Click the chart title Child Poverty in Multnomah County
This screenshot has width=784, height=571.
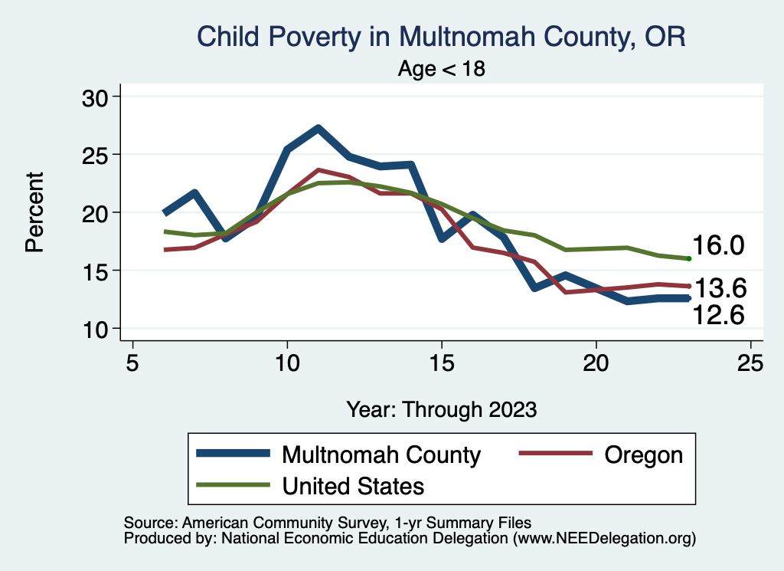click(x=441, y=36)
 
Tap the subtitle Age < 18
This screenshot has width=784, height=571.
click(x=442, y=69)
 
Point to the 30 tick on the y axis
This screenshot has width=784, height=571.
click(x=97, y=97)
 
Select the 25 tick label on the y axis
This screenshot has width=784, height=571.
click(x=97, y=155)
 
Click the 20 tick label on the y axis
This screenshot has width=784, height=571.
click(x=97, y=212)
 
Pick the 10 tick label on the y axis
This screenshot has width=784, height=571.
click(x=97, y=328)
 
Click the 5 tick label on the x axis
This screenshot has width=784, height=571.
click(x=133, y=363)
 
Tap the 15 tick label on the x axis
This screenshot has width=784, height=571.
click(x=442, y=363)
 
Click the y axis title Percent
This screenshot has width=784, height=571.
click(x=34, y=212)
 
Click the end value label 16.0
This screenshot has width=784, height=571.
click(x=719, y=246)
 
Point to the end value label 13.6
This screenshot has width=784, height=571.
click(x=719, y=288)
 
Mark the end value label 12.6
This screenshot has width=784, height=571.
click(x=719, y=313)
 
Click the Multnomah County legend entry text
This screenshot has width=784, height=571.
click(x=381, y=455)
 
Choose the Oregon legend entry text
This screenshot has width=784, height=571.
click(x=643, y=455)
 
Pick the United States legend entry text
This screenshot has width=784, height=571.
click(x=353, y=486)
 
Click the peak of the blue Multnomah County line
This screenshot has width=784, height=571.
click(x=318, y=128)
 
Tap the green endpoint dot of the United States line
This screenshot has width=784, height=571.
click(x=689, y=259)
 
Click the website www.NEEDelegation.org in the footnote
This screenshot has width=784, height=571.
click(x=604, y=539)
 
